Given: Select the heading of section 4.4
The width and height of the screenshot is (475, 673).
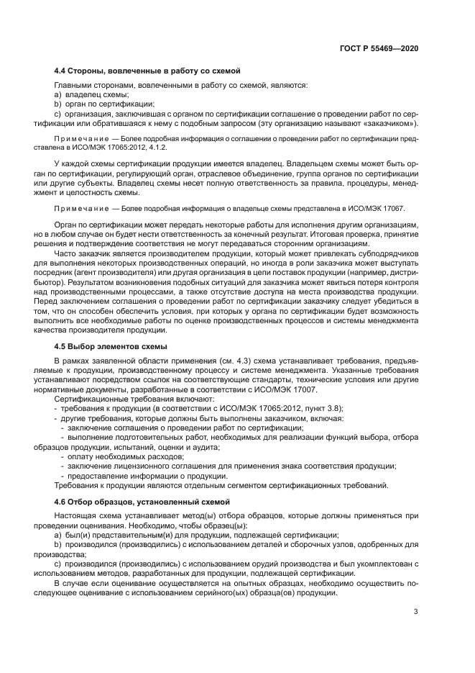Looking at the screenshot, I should pos(147,71).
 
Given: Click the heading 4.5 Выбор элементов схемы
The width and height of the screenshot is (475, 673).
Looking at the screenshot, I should pos(111,346).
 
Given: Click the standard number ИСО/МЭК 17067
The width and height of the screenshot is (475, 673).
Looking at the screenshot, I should pos(395,207).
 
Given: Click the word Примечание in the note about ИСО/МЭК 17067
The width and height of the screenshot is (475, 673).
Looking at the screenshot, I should pos(79,207).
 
